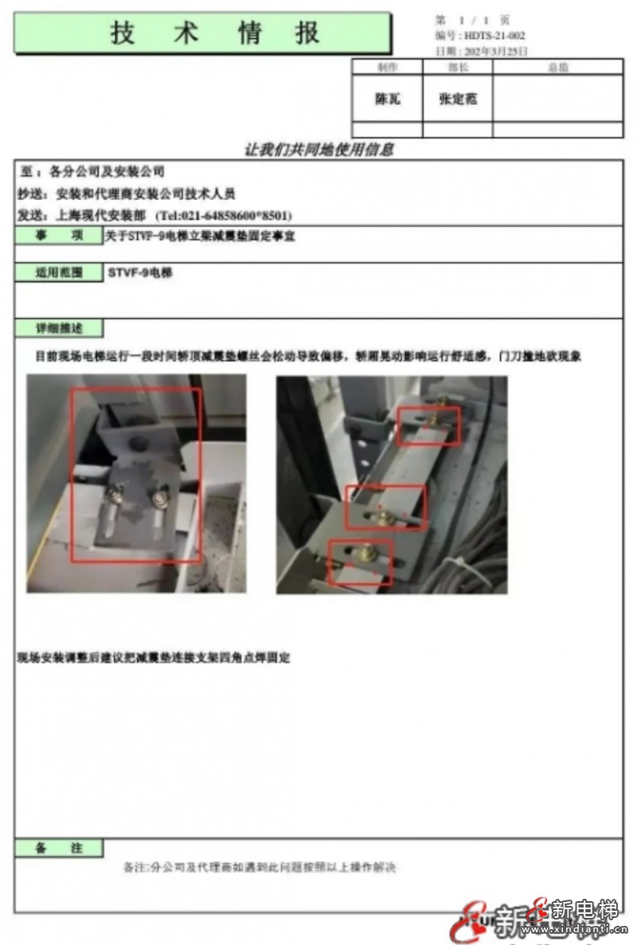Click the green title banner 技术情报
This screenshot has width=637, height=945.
(202, 33)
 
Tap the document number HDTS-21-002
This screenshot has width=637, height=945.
(494, 37)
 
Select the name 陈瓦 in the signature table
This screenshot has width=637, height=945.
(387, 100)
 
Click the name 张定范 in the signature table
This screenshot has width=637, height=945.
(457, 100)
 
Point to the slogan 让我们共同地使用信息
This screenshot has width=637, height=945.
(318, 149)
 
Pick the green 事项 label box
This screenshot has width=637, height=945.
(59, 236)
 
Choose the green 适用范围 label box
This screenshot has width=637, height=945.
(59, 273)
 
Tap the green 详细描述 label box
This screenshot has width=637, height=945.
(59, 328)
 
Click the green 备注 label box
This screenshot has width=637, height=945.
(59, 848)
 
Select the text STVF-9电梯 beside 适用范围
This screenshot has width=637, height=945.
(140, 273)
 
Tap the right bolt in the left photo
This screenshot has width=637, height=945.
(158, 498)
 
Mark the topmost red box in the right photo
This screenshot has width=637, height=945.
(429, 425)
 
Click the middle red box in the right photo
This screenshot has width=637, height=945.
(385, 507)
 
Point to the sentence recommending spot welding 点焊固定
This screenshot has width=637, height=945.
(154, 658)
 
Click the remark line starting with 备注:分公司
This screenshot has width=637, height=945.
(260, 867)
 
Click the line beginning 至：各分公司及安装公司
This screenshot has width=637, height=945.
(92, 171)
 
